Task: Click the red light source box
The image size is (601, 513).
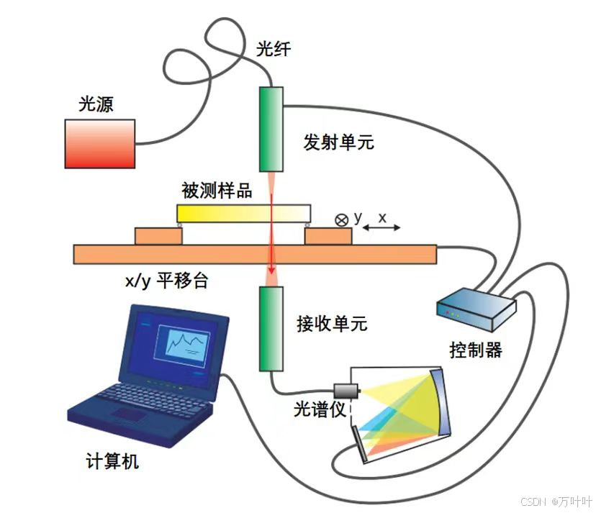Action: pos(100,143)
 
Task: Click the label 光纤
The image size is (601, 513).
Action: pos(274,50)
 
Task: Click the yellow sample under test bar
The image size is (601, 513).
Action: pos(243,213)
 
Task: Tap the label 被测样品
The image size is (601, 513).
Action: pos(217,191)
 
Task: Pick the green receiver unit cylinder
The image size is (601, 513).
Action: pos(271,327)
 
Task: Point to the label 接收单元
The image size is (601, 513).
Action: pos(332,324)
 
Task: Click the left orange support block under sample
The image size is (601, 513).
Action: pos(158,235)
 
